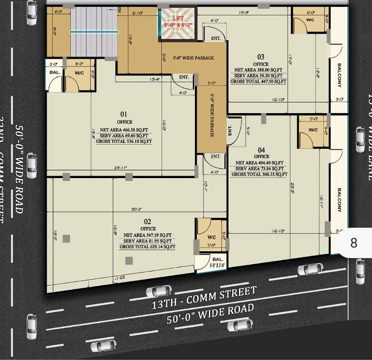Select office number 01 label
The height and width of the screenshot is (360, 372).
tap(124, 113)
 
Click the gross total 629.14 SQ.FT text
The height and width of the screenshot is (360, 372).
tap(147, 247)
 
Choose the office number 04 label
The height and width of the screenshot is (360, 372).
tap(261, 150)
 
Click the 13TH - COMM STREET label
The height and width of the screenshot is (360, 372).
tap(204, 298)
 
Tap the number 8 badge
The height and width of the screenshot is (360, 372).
tap(353, 243)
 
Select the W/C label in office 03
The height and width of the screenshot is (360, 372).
tap(310, 20)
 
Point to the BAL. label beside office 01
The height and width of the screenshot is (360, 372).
tap(54, 72)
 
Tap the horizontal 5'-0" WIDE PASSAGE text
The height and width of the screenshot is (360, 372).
tap(193, 58)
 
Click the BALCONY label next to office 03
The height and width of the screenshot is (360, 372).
tap(339, 76)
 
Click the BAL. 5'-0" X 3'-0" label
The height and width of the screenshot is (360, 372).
tap(217, 262)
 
